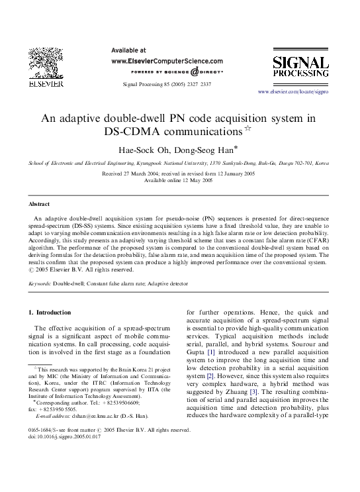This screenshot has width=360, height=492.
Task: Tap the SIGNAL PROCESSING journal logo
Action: tap(300, 68)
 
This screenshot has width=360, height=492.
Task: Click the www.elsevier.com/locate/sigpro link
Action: tap(292, 91)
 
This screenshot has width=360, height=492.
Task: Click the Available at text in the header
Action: tap(128, 50)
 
